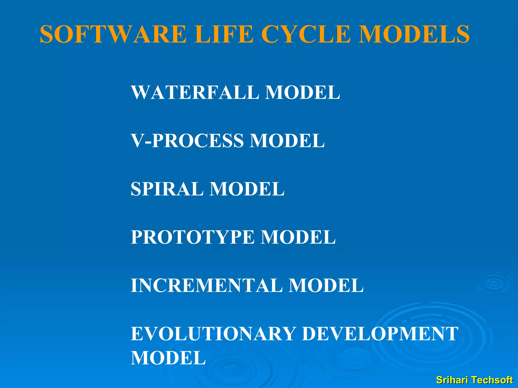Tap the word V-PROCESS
(x=187, y=141)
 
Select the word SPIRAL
(x=167, y=189)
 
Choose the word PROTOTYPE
(x=192, y=237)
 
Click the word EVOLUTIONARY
(x=213, y=334)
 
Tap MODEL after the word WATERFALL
(x=303, y=92)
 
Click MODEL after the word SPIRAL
(x=247, y=189)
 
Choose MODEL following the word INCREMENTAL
(x=326, y=285)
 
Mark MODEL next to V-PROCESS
(x=287, y=141)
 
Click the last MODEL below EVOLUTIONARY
(x=168, y=358)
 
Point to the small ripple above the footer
(x=494, y=283)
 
